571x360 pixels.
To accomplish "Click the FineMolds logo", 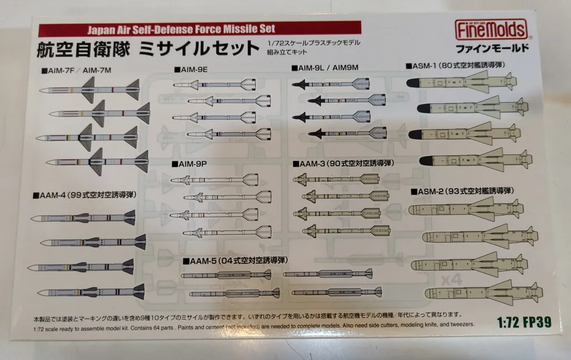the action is tap(491, 30).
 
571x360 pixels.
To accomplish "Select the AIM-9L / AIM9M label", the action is tap(325, 67).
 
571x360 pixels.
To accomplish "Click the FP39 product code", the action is tap(537, 322).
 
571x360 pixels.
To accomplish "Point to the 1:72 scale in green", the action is tap(508, 322).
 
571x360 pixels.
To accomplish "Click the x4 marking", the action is tap(452, 280).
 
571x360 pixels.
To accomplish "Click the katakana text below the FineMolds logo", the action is tap(492, 48).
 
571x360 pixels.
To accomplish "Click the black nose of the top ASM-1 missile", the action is tap(414, 82).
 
